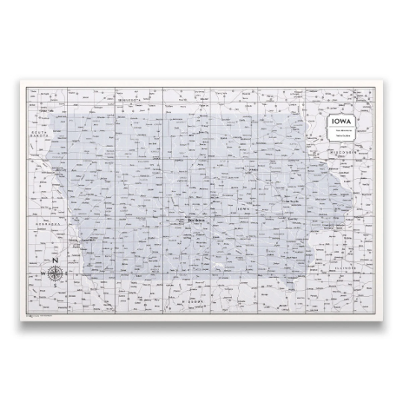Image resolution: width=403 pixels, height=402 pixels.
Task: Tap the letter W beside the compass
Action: click(43, 274)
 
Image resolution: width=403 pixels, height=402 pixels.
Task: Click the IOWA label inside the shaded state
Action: click(241, 209)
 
